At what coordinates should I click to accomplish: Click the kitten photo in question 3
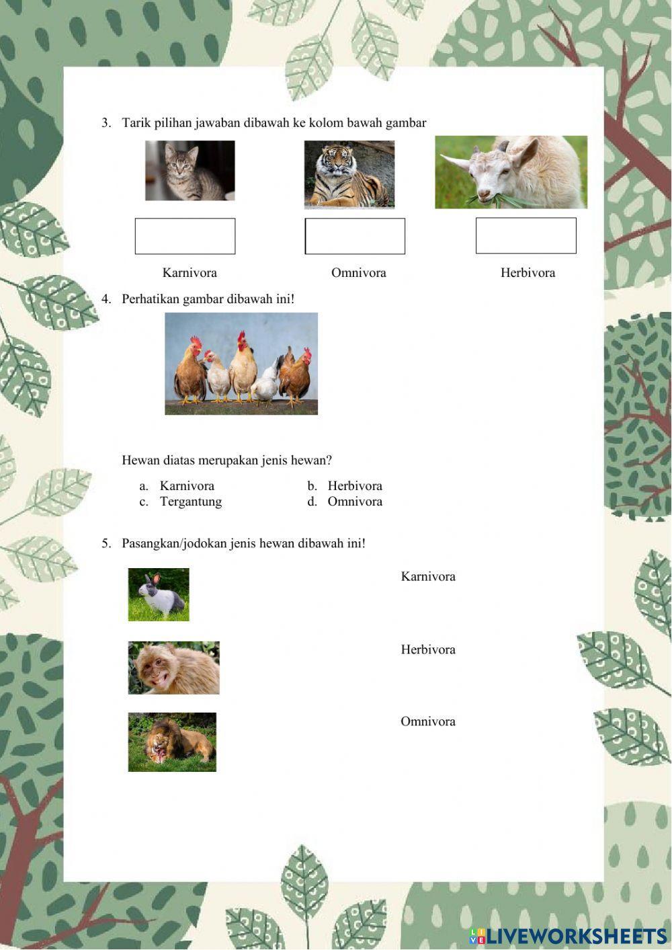(190, 171)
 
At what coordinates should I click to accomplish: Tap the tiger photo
(349, 175)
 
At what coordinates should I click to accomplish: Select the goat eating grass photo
(511, 172)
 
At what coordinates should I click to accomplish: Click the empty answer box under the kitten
(185, 236)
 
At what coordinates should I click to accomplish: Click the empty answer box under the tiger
(355, 236)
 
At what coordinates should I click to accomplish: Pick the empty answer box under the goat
(526, 235)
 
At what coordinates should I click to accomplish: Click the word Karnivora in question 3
(190, 273)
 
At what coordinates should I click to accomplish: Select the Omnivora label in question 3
(358, 273)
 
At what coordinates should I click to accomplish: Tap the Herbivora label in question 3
(528, 273)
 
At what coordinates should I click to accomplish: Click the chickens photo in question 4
(241, 364)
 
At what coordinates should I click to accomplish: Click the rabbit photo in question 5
(159, 594)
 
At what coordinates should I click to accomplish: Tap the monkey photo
(174, 668)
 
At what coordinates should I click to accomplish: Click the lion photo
(172, 742)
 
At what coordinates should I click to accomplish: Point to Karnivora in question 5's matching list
(428, 576)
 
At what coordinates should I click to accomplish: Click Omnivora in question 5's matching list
(428, 721)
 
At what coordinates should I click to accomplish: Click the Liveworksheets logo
(568, 935)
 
